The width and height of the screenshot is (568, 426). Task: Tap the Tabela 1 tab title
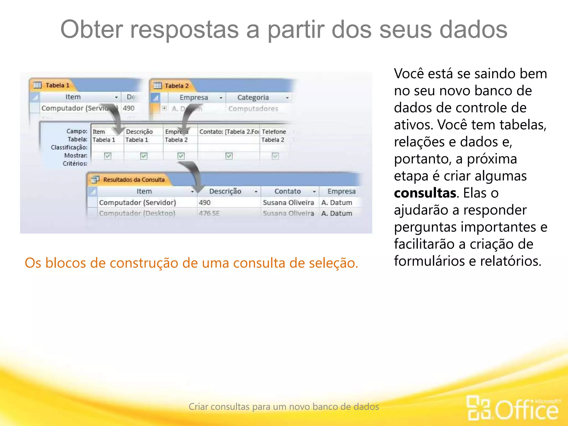[x=57, y=85]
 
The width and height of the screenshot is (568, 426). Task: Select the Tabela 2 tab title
[x=176, y=86]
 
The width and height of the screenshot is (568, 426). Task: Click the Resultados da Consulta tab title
[x=134, y=180]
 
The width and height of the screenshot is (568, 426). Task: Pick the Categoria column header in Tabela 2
[x=253, y=98]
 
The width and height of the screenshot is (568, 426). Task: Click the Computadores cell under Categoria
[x=253, y=109]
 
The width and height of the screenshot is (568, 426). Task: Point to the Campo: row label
[x=77, y=131]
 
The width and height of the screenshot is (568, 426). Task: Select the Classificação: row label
[x=69, y=147]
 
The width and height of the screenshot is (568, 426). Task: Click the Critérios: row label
[x=75, y=164]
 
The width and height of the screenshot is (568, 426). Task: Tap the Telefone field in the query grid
[x=274, y=132]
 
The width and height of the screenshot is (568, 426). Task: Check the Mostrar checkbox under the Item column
[x=108, y=156]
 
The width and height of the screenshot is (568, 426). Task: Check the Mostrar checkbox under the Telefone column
[x=275, y=156]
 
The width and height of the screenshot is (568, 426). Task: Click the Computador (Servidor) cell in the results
[x=138, y=203]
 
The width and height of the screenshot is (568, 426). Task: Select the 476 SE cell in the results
[x=209, y=214]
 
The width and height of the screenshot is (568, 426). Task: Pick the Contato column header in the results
[x=288, y=192]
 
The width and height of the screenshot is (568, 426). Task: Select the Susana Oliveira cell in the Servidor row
[x=288, y=203]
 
